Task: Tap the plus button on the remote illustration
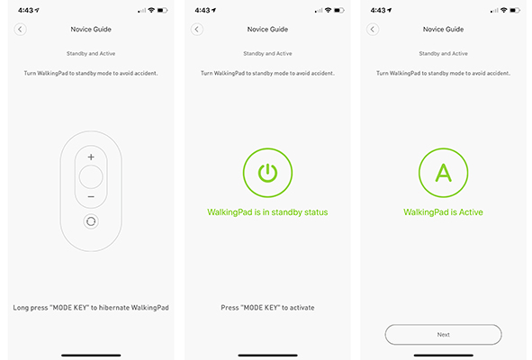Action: [91, 157]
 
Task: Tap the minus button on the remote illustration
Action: [91, 197]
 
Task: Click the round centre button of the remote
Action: [91, 177]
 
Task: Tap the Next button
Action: [443, 335]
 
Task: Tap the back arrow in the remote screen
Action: [20, 29]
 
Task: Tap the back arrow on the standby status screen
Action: [197, 29]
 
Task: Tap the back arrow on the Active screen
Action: [373, 29]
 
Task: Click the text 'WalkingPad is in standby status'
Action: [267, 212]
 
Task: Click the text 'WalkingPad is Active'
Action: [443, 212]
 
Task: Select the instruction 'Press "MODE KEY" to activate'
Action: [267, 308]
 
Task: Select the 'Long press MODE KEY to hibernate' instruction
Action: [91, 308]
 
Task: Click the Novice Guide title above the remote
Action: [91, 29]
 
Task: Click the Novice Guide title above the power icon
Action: [267, 29]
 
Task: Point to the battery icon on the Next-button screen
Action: [515, 11]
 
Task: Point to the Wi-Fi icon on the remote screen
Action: [151, 10]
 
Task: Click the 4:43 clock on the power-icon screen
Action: [203, 11]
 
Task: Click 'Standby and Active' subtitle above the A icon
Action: [443, 54]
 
